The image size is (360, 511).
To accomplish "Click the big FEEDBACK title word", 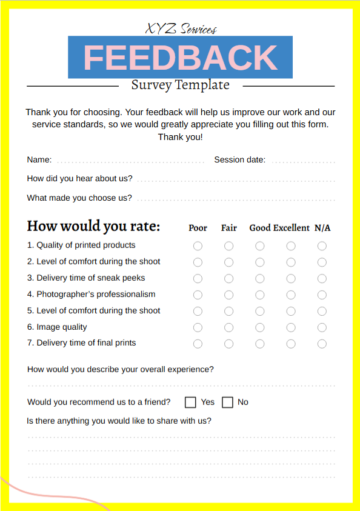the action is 180,58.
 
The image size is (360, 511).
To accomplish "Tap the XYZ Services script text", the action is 181,28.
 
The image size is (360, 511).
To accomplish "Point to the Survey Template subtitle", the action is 181,85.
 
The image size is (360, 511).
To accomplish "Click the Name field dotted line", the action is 130,161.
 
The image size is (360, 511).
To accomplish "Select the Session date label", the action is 239,160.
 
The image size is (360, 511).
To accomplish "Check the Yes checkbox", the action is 190,402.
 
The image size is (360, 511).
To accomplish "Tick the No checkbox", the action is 228,402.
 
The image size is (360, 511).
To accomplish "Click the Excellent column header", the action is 291,228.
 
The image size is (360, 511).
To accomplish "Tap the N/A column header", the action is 322,228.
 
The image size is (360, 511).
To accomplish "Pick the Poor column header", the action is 198,228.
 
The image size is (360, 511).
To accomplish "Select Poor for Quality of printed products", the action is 198,246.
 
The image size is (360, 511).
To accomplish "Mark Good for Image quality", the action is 260,327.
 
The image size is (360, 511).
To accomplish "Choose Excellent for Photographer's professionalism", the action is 291,295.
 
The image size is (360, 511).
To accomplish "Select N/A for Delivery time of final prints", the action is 322,344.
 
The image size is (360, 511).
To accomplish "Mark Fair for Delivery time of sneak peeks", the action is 228,279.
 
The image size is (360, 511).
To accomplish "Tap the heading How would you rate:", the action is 93,227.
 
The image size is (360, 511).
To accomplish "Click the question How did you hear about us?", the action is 80,179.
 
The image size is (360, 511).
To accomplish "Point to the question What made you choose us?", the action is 79,198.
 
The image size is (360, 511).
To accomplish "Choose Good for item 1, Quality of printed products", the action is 260,246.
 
